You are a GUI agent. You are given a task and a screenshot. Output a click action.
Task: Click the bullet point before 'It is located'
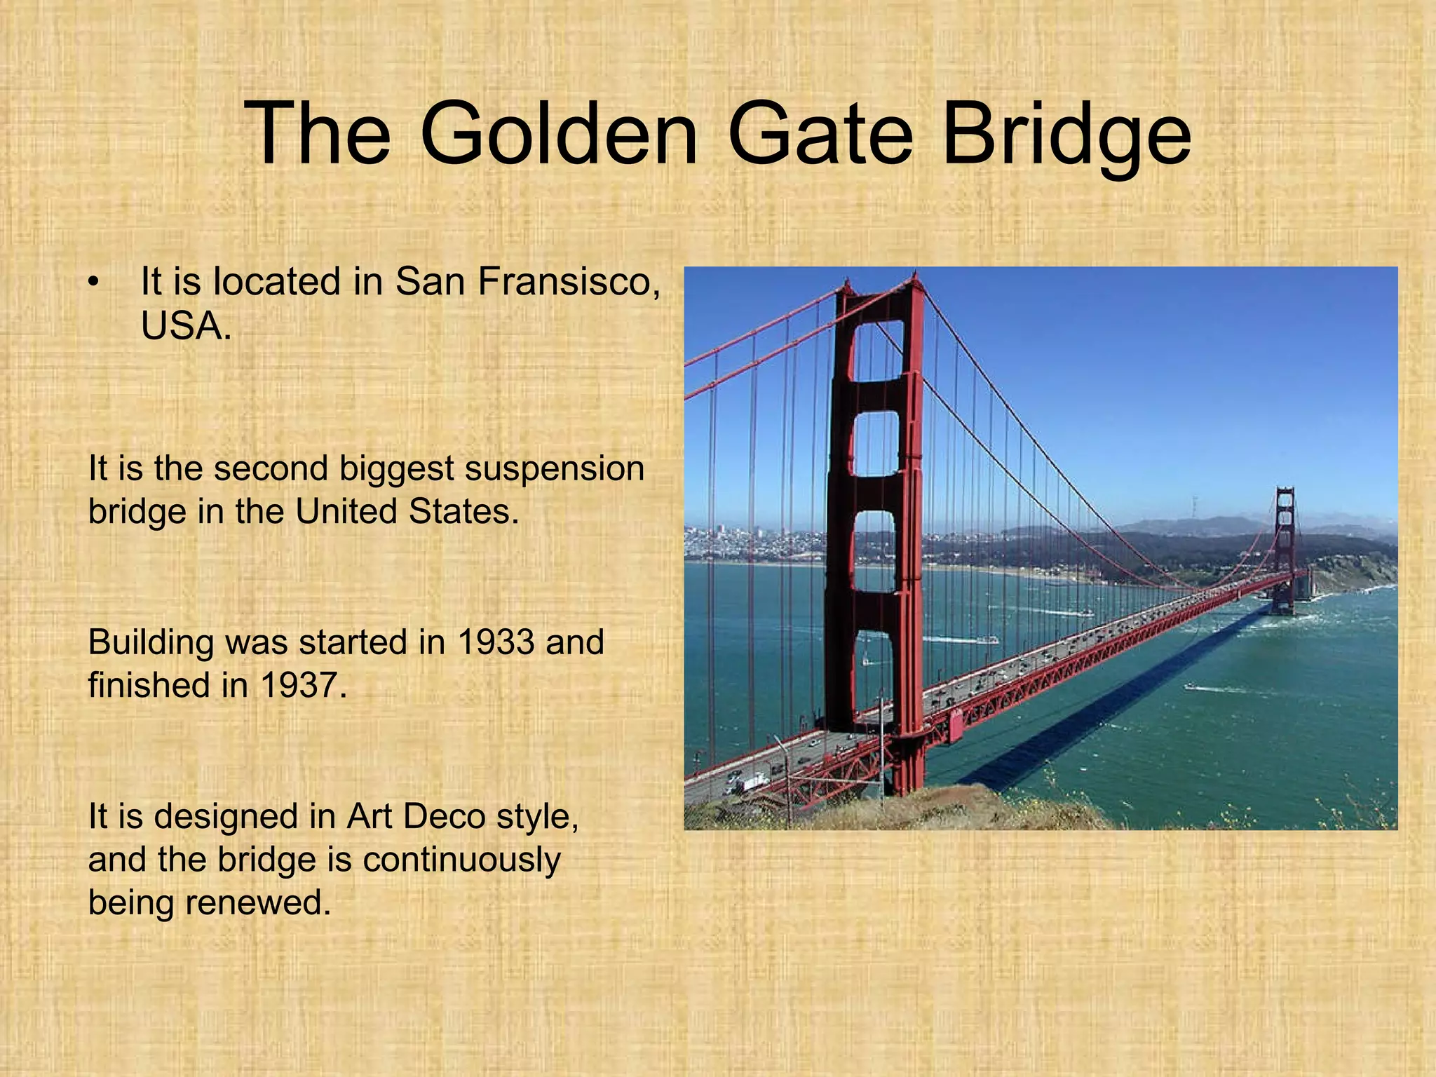[x=93, y=283]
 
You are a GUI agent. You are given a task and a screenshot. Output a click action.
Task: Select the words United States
[x=406, y=511]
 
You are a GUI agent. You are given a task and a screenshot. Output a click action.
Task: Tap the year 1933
[x=495, y=642]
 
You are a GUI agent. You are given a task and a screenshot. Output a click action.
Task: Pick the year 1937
[x=302, y=685]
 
